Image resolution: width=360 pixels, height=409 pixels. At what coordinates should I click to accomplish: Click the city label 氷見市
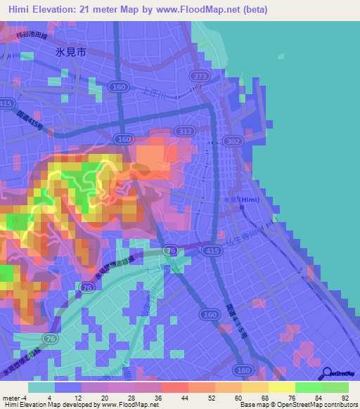coord(71,52)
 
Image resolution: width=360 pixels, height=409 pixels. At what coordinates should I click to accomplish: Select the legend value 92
coord(345,397)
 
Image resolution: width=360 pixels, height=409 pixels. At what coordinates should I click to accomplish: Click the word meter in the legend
coord(12,397)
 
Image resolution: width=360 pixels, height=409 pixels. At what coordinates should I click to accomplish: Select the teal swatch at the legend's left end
coord(41,387)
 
